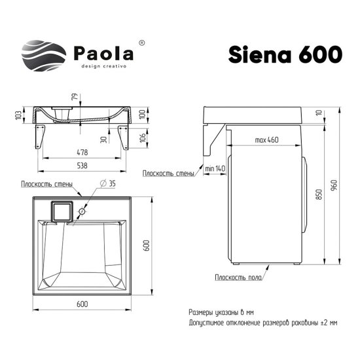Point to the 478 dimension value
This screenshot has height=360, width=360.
coord(81,153)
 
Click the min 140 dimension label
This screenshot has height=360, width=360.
coord(214,169)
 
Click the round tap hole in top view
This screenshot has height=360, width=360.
coord(82,212)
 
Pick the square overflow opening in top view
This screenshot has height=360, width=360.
coord(61,211)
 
